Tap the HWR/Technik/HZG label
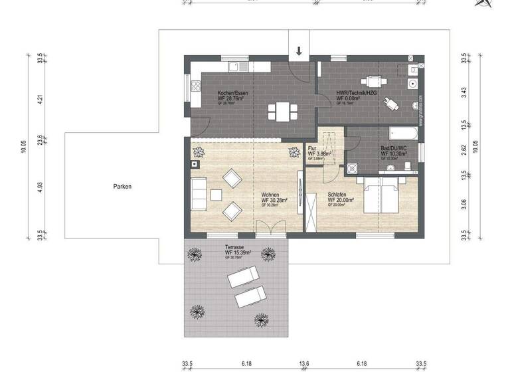pos(357,93)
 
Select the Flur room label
pos(313,149)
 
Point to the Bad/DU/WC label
pos(393,148)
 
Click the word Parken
pos(122,187)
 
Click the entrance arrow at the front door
pos(299,51)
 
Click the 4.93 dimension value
pos(41,187)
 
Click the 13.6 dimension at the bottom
pos(304,363)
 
